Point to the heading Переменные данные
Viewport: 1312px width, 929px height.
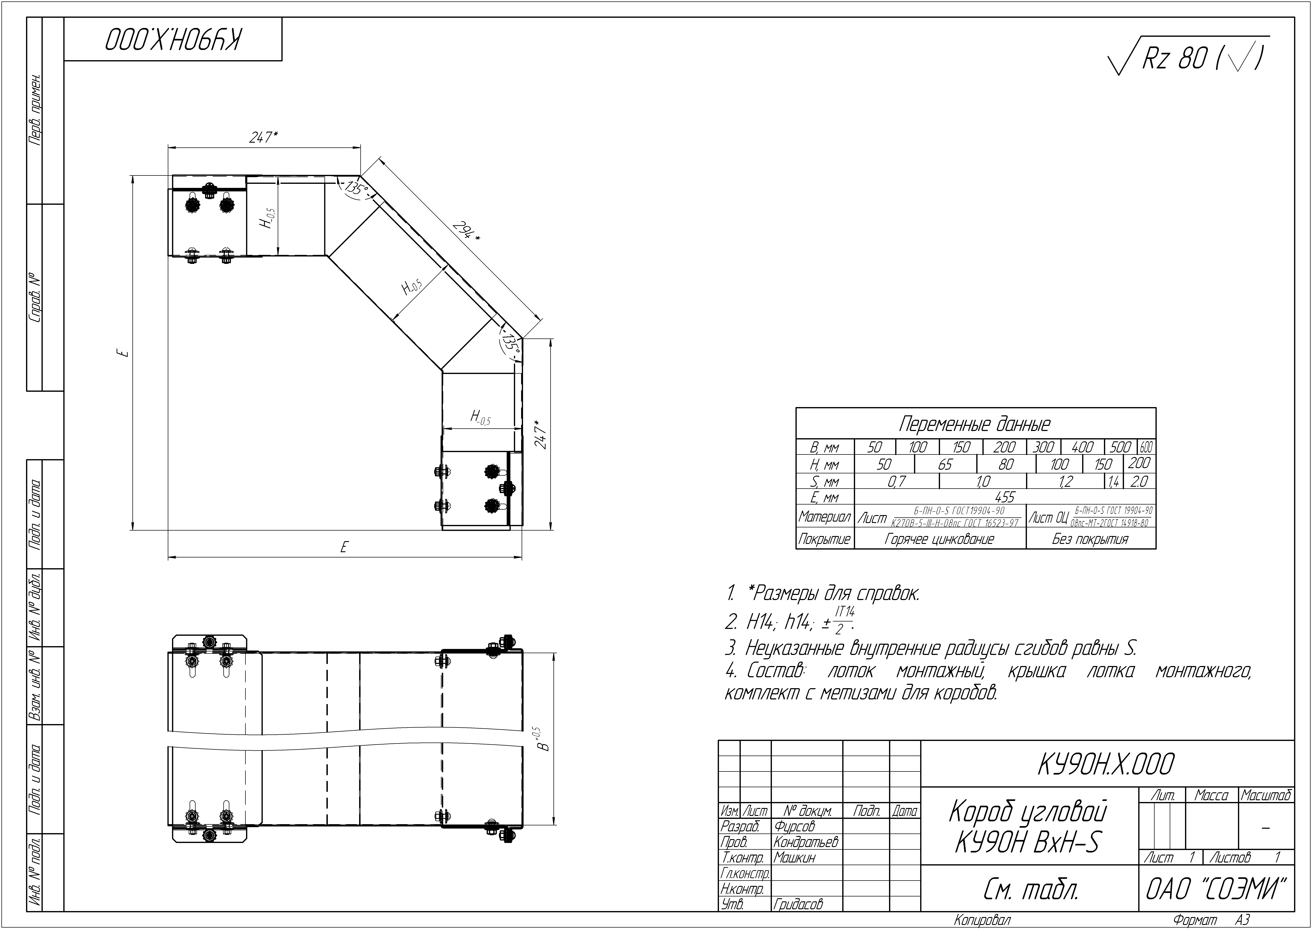975,424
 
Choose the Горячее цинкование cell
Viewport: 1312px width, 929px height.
940,539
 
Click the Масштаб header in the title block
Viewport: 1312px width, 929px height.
1266,795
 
